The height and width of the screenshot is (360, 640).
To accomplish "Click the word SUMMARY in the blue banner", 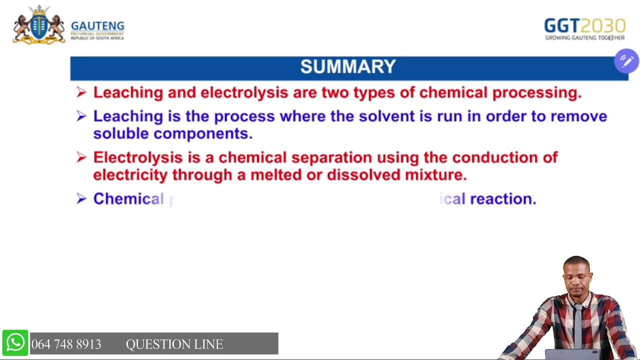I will tap(348, 67).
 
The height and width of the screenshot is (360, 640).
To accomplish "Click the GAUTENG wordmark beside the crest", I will tap(97, 26).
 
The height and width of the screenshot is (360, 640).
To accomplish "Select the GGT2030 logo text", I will tap(584, 25).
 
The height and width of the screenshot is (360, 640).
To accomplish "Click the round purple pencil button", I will tap(626, 61).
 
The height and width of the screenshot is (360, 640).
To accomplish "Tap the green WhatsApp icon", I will tap(15, 343).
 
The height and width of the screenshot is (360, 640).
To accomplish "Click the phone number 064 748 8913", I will tap(66, 344).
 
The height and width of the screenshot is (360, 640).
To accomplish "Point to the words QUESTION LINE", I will tap(174, 344).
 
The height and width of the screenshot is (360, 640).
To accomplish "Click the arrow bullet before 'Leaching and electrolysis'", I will tap(81, 92).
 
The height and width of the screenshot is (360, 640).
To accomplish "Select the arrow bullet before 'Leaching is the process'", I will tap(81, 116).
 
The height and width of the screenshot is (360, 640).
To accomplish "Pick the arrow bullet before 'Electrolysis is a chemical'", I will tap(81, 157).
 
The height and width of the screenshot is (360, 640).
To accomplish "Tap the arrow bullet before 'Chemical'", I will tap(81, 199).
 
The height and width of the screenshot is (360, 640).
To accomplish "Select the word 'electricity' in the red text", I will tap(130, 175).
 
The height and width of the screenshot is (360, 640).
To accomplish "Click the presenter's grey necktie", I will tap(578, 325).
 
